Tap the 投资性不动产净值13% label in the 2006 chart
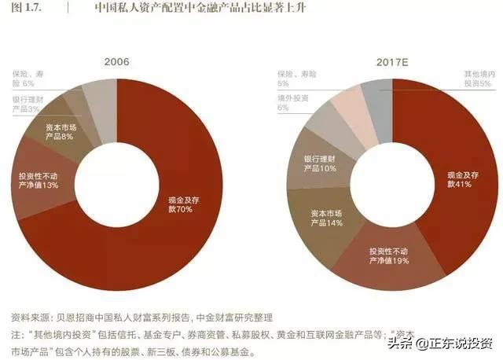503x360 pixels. (39, 180)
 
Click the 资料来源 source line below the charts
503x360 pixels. (141, 318)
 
